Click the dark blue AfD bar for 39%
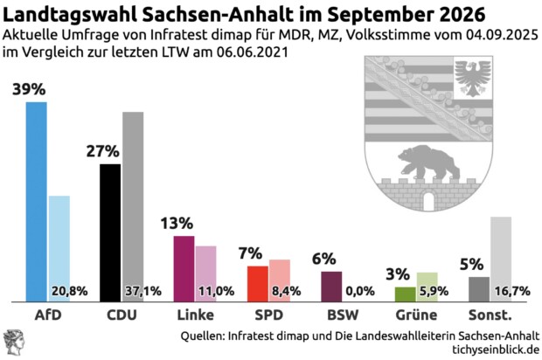pos(37,201)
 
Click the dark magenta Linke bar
pos(184,267)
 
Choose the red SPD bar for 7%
pos(257,282)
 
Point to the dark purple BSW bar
pos(331,285)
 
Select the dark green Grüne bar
pos(405,293)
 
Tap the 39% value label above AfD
pos(30,89)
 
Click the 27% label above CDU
pos(102,151)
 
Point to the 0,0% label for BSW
pos(360,291)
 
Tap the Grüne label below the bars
pos(416,315)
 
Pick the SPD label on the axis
pos(268,315)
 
